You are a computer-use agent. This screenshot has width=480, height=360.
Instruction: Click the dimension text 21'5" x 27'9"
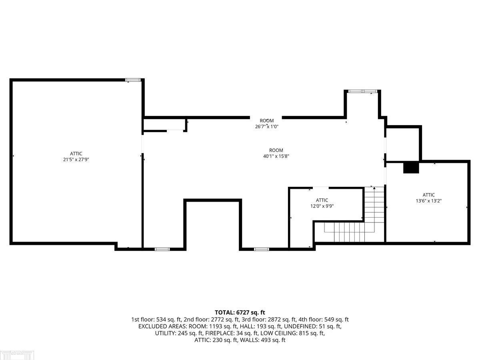(76, 160)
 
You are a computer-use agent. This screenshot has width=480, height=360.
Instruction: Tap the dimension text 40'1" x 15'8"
(276, 156)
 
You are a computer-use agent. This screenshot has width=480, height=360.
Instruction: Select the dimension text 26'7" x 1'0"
(266, 126)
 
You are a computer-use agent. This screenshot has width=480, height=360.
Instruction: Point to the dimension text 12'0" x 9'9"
(322, 206)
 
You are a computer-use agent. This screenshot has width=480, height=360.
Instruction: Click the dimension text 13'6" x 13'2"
(429, 201)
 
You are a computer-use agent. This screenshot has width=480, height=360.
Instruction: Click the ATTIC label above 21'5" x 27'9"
(76, 154)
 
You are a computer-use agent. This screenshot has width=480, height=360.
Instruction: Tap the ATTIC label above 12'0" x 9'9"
(322, 200)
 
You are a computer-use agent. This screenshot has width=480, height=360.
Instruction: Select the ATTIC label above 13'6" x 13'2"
(429, 195)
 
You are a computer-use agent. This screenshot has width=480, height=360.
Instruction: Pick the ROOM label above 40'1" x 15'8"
(276, 150)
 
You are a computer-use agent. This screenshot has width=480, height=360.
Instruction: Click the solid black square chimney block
(411, 168)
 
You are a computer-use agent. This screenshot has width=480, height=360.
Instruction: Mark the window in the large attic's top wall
(132, 80)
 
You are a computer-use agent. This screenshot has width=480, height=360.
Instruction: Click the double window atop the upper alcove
(363, 91)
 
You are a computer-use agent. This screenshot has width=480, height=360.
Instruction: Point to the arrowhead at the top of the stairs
(374, 188)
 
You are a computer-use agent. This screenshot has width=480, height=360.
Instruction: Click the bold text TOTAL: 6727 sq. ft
(240, 312)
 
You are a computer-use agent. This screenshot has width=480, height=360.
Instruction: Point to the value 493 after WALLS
(265, 340)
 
